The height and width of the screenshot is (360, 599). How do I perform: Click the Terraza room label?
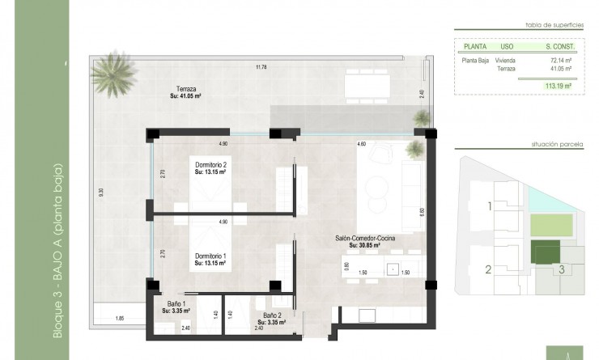pos(185,92)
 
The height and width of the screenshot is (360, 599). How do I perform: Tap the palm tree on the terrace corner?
pos(111,75)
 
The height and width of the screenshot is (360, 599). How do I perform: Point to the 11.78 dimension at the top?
pos(261,66)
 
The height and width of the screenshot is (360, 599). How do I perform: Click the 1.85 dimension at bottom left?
pos(120,317)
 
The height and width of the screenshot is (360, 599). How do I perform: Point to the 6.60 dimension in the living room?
pos(422,212)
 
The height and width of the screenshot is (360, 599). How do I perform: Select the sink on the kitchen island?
pos(392,269)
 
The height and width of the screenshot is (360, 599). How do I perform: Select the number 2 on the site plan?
pos(489,269)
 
